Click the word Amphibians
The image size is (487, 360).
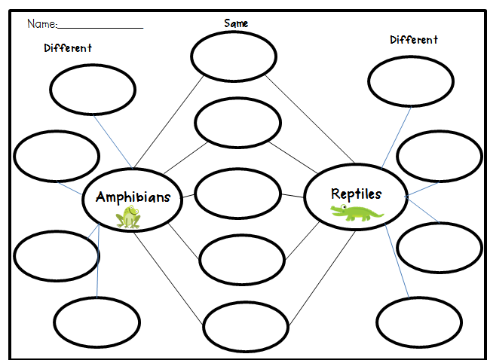tap(133, 197)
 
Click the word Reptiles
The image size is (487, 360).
tap(356, 194)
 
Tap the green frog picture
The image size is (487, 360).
tap(129, 218)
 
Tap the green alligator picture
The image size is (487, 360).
tap(357, 214)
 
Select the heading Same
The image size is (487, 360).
tap(236, 23)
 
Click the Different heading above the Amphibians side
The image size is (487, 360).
tap(68, 48)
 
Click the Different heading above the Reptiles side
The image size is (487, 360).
tap(414, 40)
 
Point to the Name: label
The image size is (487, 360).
tap(41, 24)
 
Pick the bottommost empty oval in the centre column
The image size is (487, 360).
tap(246, 326)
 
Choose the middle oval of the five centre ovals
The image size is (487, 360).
tap(237, 194)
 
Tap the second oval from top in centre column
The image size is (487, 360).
tap(237, 123)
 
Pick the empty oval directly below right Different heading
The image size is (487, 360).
tap(411, 81)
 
